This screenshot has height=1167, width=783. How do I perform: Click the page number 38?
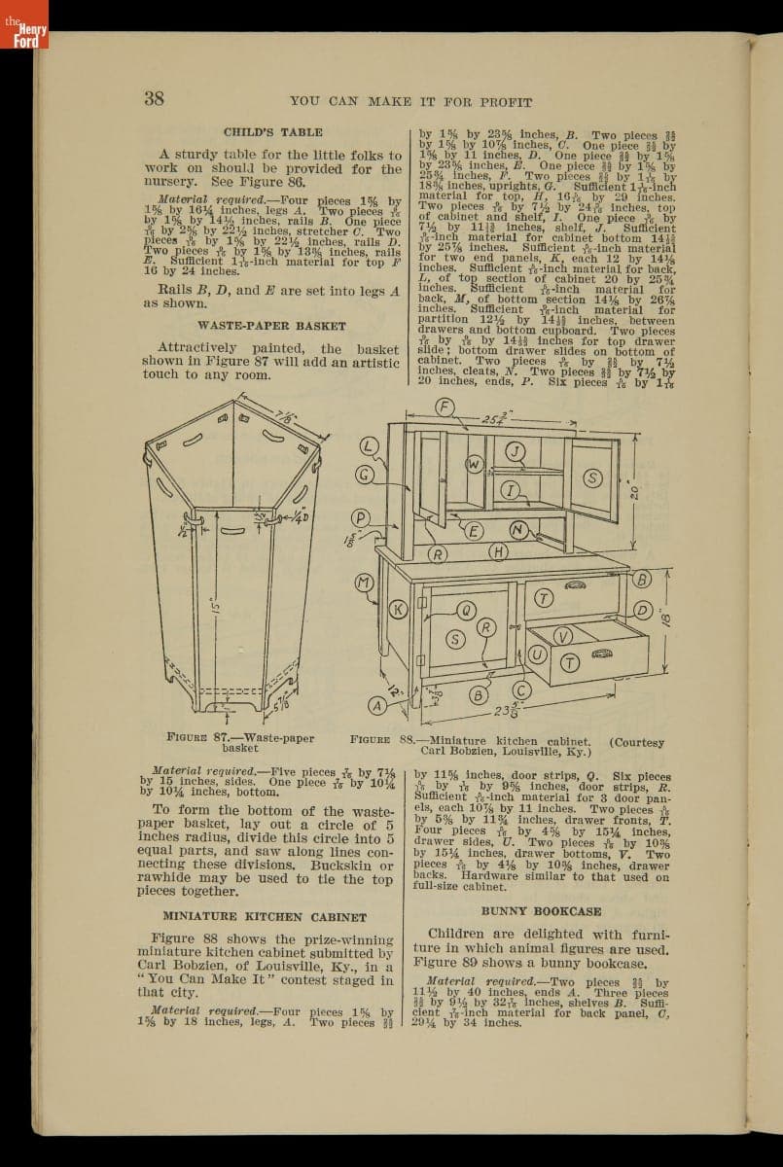click(154, 98)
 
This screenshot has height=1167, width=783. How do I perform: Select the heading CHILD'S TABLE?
click(272, 132)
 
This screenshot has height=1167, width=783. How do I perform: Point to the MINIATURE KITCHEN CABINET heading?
click(264, 916)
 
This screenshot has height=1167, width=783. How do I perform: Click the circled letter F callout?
click(446, 407)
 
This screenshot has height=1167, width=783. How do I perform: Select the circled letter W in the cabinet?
click(474, 465)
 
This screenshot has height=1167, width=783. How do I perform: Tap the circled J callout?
click(516, 449)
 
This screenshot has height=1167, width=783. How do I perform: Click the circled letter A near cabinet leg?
click(377, 705)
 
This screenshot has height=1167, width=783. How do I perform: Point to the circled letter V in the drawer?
click(562, 635)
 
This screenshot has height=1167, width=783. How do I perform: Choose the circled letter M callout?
click(365, 583)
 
